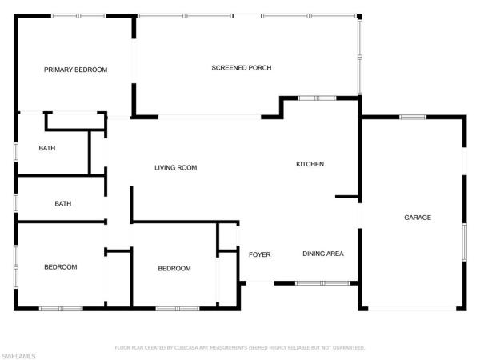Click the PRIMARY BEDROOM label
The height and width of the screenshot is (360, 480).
75,70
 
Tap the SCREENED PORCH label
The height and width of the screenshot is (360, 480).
241,68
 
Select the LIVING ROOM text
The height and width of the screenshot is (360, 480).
175,168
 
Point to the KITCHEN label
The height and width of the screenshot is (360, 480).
310,164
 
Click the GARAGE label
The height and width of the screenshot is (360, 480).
417,218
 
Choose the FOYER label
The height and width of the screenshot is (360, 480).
259,254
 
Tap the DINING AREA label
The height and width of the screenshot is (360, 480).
322,254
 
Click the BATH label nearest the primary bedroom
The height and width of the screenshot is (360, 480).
46,148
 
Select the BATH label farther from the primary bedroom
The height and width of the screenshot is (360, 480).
62,204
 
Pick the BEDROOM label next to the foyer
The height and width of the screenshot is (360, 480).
174,268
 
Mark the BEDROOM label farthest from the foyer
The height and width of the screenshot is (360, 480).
60,266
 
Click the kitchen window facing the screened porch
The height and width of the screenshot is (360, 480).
316,98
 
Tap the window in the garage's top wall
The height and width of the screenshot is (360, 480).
412,117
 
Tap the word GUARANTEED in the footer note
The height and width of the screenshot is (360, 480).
348,348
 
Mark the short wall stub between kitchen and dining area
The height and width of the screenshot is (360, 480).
346,196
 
